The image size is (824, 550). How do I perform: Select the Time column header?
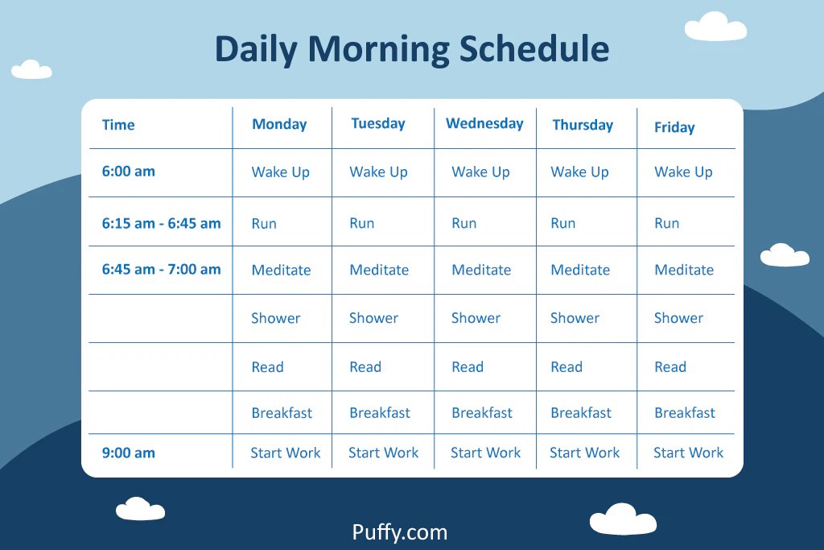pos(118,125)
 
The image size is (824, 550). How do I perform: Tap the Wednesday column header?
pos(484,123)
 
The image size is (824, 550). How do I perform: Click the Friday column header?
pos(674,127)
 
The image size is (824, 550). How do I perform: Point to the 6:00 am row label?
pos(128,171)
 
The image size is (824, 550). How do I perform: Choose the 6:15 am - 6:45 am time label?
pos(161,223)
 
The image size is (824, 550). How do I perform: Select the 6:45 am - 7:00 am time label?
pos(161,270)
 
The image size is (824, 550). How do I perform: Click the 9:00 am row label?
pos(128,453)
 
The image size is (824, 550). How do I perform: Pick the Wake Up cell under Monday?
pos(280,172)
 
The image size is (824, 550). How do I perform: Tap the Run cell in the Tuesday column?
pos(361,223)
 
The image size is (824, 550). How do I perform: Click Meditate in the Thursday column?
pos(580,270)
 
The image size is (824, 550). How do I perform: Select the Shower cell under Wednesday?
pos(476,318)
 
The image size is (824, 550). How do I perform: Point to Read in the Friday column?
pos(670,367)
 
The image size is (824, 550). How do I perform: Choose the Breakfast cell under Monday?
pos(282,413)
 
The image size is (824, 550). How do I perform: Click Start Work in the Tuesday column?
pos(383,453)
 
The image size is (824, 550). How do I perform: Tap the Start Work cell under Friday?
pos(688,453)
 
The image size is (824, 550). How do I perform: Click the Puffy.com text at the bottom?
pos(399,532)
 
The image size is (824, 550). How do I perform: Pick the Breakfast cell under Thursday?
pos(581,413)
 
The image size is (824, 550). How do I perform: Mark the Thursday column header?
pos(583,125)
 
